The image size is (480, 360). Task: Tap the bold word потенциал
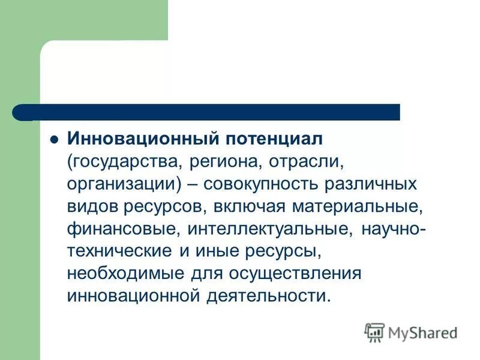(274, 139)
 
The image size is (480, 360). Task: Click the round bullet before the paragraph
(53, 139)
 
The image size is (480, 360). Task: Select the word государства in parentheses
(125, 161)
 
